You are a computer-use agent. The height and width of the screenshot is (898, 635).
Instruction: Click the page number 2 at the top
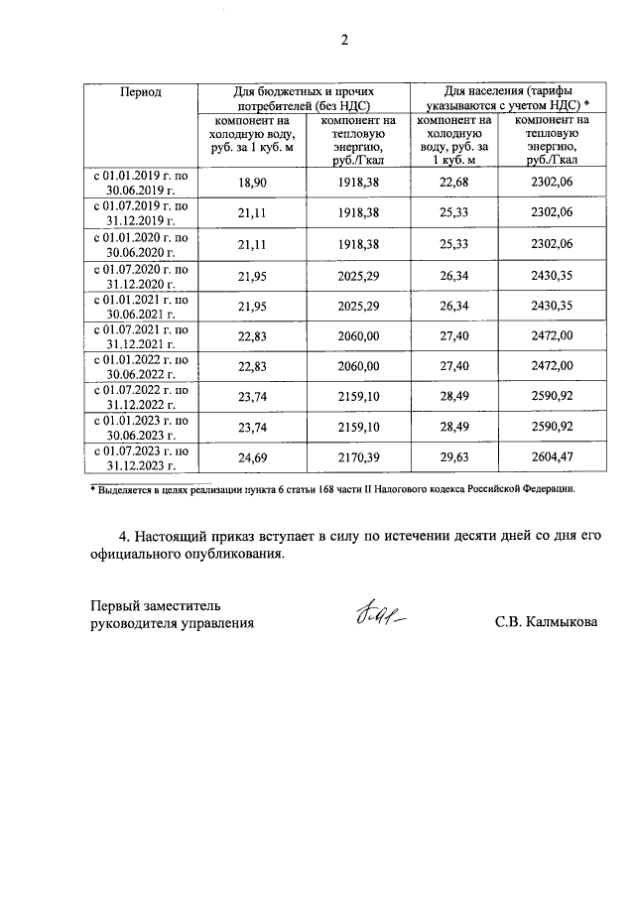(x=344, y=41)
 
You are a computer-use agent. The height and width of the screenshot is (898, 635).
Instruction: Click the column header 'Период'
(x=140, y=91)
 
